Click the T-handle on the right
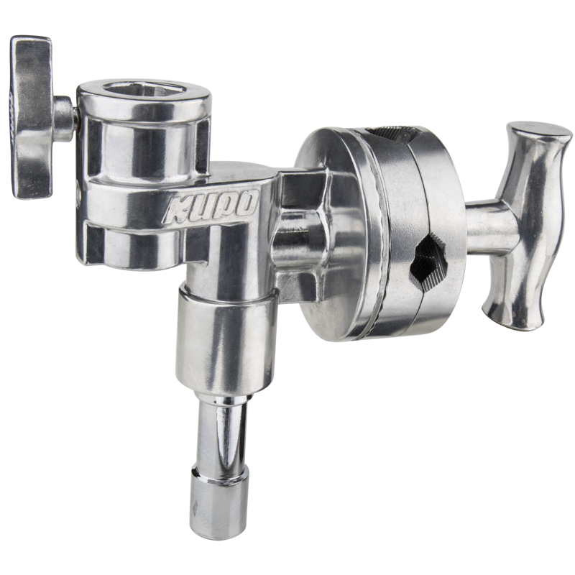coord(525,216)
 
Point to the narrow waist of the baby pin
coord(216,431)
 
